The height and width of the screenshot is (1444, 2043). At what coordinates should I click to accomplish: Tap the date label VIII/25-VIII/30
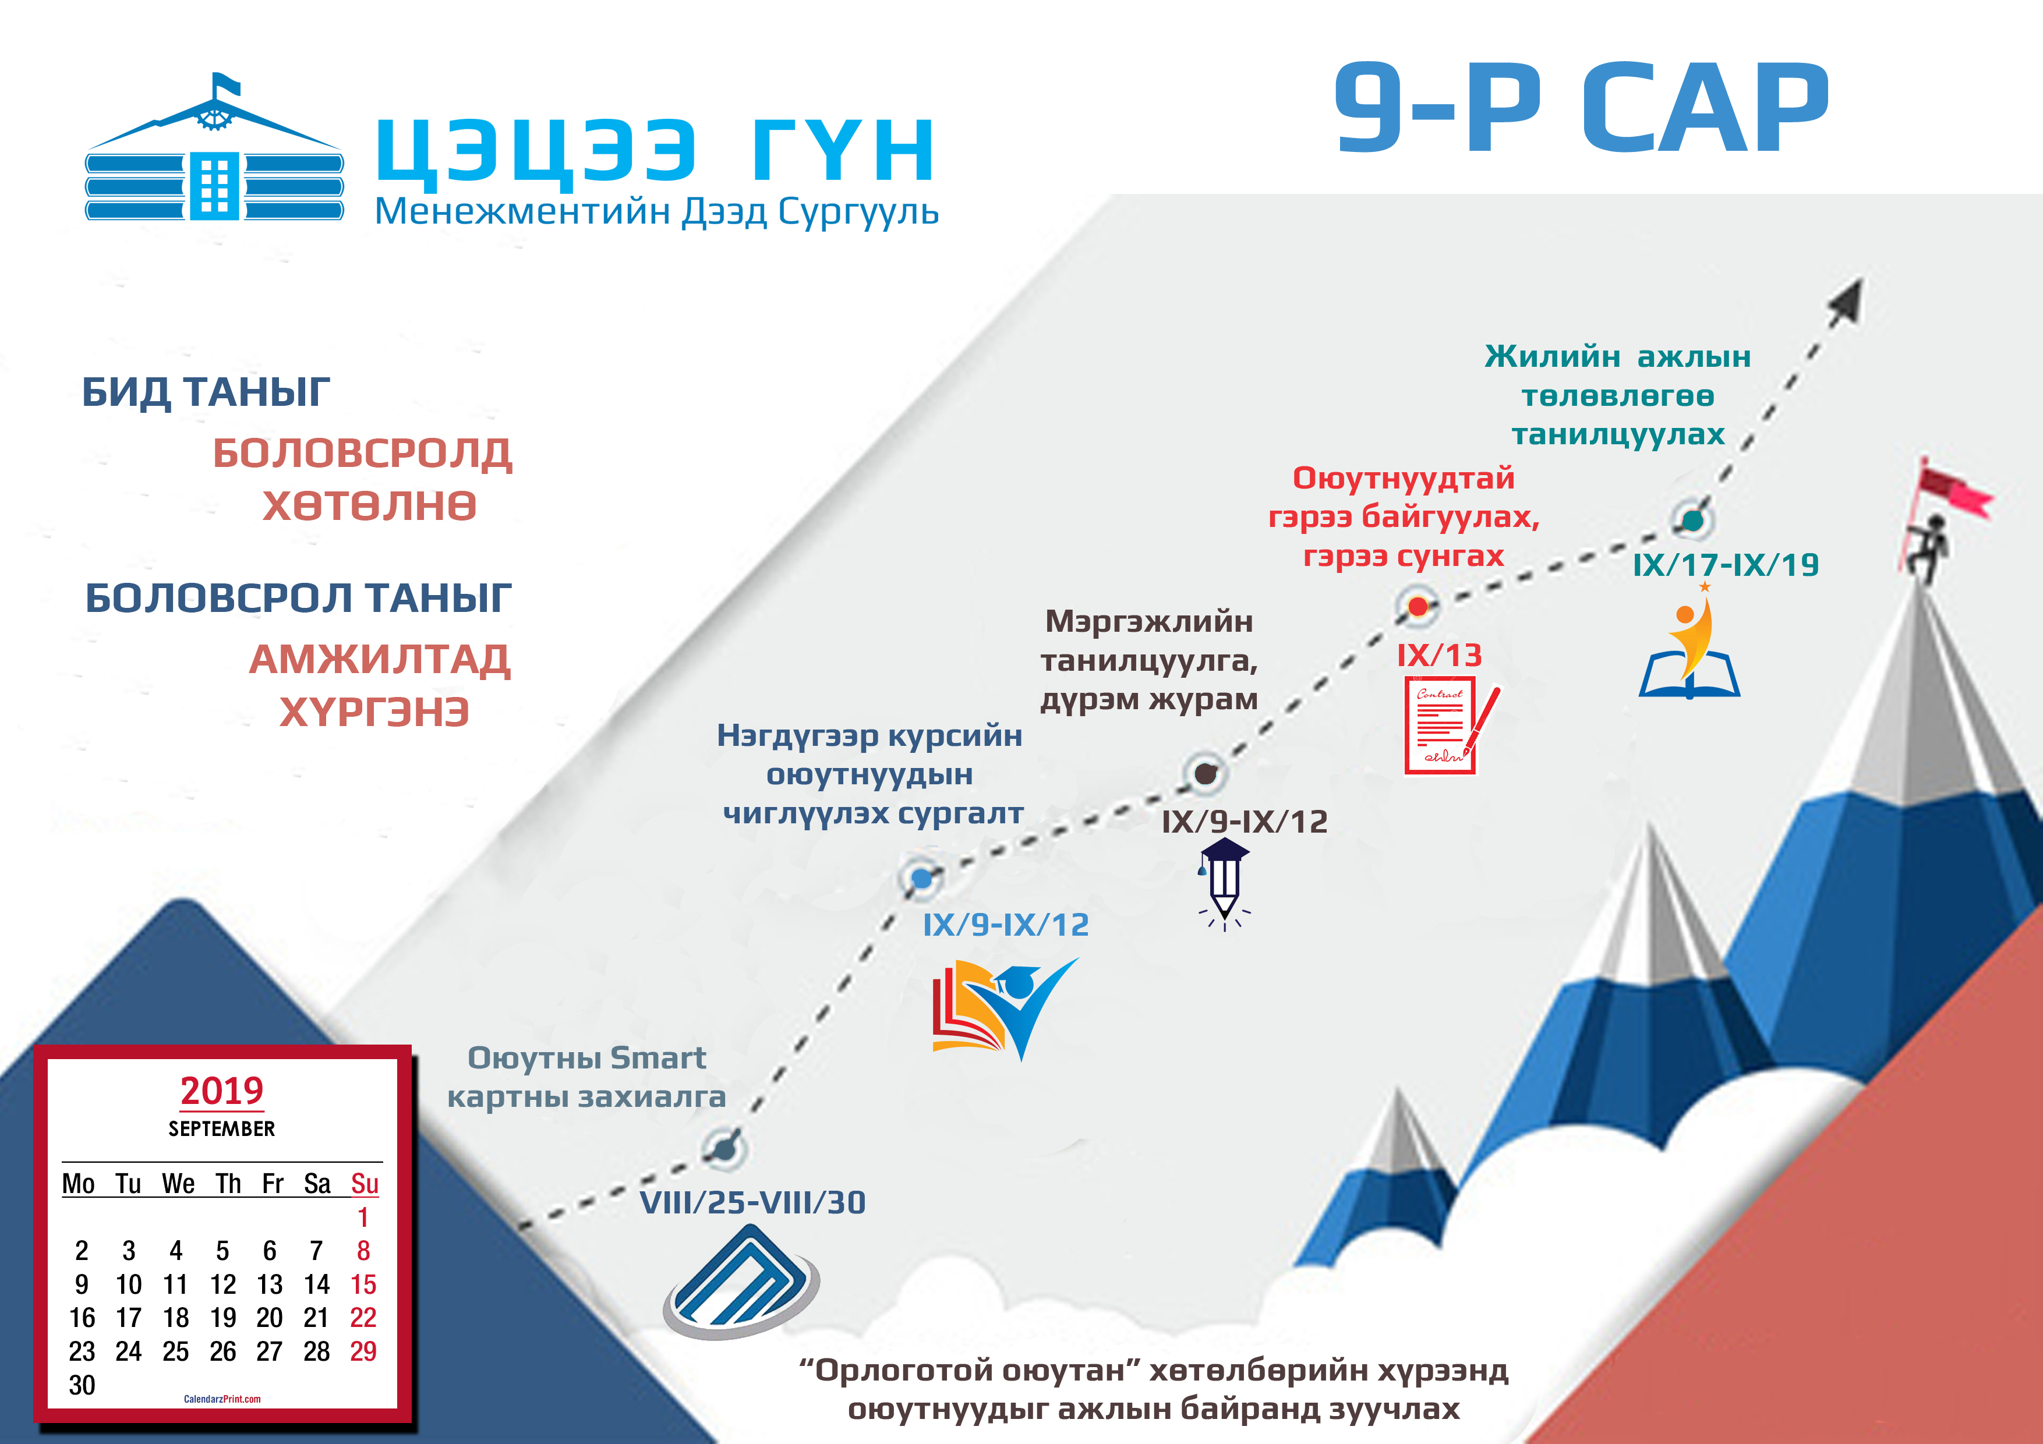click(x=753, y=1203)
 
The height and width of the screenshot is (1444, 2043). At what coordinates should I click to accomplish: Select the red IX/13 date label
click(x=1439, y=656)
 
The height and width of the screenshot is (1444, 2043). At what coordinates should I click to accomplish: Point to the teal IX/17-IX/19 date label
click(x=1726, y=565)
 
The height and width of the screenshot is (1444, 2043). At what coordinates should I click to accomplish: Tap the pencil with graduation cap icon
click(x=1224, y=883)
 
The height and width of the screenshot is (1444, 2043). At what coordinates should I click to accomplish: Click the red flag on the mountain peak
click(x=1953, y=491)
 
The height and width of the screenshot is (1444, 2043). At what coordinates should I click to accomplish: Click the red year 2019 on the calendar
click(x=221, y=1091)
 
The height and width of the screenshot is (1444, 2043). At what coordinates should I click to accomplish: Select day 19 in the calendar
click(x=222, y=1318)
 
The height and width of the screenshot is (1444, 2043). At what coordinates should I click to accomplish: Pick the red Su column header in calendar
click(x=364, y=1184)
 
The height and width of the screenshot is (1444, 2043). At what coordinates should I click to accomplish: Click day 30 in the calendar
click(x=82, y=1385)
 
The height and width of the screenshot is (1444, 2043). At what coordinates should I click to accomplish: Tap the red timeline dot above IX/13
click(x=1418, y=607)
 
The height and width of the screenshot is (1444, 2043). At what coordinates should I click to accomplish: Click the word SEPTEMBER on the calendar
click(x=221, y=1129)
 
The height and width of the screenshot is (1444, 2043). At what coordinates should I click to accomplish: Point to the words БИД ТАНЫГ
click(x=206, y=392)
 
